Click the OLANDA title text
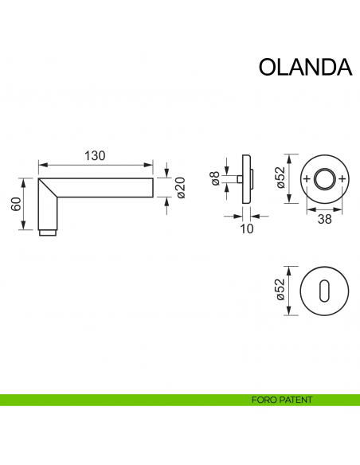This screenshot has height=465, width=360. pyautogui.click(x=305, y=67)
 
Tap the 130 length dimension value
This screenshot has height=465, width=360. pyautogui.click(x=95, y=156)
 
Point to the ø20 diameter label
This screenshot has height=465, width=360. pyautogui.click(x=180, y=187)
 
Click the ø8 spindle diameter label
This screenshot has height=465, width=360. pyautogui.click(x=215, y=179)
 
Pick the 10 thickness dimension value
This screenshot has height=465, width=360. pyautogui.click(x=245, y=229)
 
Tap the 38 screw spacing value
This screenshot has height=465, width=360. pyautogui.click(x=324, y=220)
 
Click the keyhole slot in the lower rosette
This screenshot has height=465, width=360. pyautogui.click(x=325, y=292)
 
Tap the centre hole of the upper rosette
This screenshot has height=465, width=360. pyautogui.click(x=325, y=179)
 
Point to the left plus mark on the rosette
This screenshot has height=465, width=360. pyautogui.click(x=308, y=179)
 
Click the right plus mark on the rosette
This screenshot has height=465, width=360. pyautogui.click(x=342, y=179)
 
